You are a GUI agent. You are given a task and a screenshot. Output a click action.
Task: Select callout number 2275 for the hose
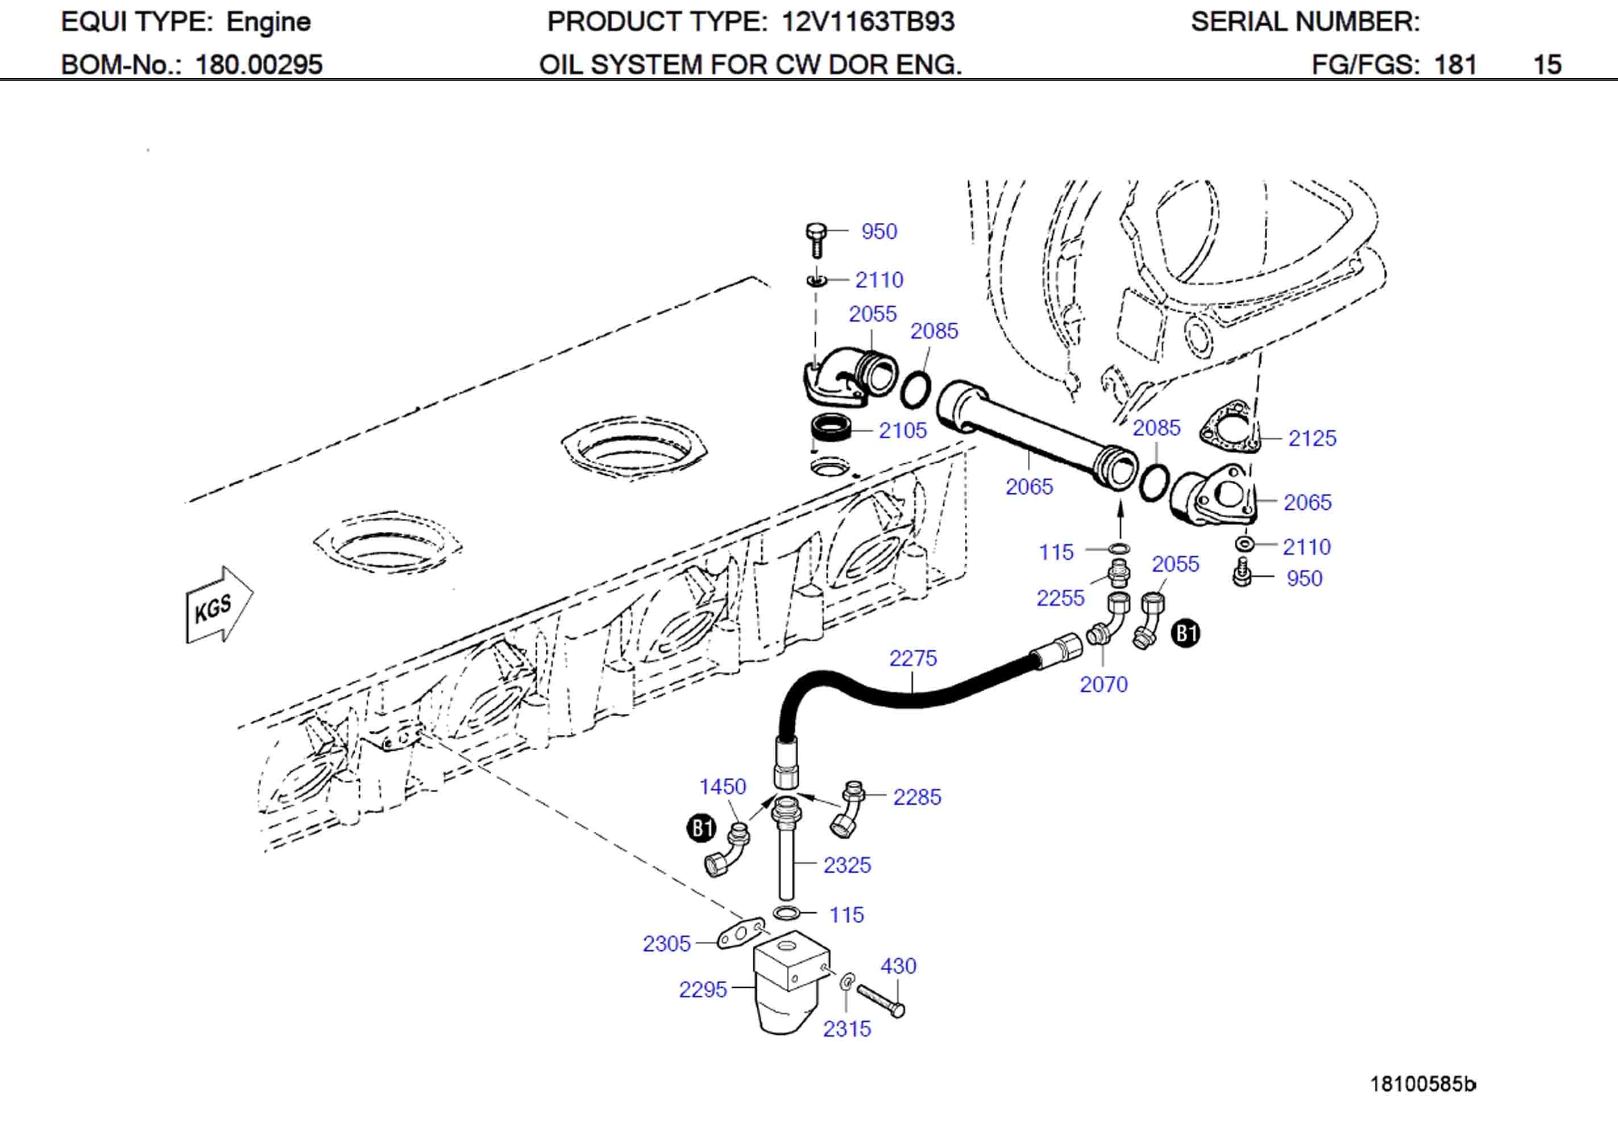912,658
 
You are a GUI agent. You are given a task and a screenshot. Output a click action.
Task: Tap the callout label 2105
902,431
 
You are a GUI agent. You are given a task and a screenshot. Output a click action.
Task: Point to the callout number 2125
1312,438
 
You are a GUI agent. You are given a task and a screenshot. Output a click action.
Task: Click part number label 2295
702,989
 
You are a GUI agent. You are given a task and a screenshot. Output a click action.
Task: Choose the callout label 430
898,966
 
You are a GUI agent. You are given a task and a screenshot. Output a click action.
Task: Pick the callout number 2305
666,943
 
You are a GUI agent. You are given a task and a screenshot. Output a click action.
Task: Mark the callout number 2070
1103,684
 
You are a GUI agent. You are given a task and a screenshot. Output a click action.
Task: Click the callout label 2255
1059,598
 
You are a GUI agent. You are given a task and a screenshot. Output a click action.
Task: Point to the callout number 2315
847,1029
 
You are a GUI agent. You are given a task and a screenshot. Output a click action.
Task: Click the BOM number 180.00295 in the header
258,65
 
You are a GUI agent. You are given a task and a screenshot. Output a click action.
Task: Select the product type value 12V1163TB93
868,22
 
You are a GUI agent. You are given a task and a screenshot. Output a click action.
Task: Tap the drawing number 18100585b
1421,1084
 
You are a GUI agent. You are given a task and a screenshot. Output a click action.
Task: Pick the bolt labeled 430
881,1000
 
